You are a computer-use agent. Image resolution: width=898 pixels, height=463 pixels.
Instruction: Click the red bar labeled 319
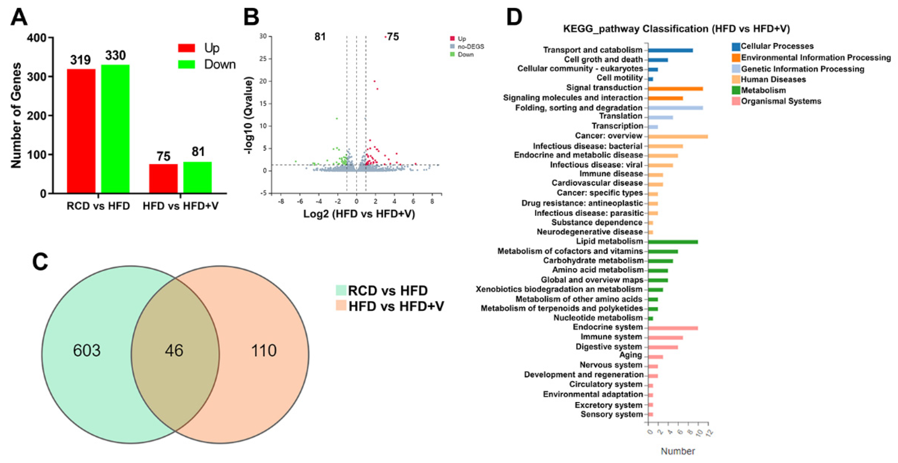(x=81, y=131)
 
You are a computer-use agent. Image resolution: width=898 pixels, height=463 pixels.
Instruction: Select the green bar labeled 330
(x=115, y=129)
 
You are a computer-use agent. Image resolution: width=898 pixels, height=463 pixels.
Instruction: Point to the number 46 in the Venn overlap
(x=174, y=350)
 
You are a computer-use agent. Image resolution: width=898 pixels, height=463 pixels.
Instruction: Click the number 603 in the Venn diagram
(x=87, y=350)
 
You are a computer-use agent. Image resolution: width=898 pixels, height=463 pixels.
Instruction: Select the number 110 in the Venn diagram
(x=264, y=350)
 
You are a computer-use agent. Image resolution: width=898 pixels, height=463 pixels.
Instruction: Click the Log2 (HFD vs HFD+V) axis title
(x=359, y=213)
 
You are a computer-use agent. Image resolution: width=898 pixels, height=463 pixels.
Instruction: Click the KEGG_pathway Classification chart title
(x=676, y=29)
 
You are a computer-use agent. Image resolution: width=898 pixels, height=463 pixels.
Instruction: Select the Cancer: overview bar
(x=678, y=137)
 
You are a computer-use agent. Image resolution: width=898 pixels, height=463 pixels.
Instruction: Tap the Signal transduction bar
(x=675, y=89)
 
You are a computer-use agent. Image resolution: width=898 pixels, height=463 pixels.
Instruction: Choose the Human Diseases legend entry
(x=773, y=79)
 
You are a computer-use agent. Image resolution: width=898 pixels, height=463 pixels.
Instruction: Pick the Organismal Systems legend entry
(x=780, y=101)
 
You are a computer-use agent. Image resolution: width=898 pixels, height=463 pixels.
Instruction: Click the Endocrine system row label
(x=608, y=327)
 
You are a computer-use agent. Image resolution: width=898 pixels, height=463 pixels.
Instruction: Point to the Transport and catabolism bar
(x=670, y=51)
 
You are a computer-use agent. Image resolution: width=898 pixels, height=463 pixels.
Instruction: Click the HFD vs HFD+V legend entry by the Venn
(x=396, y=306)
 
